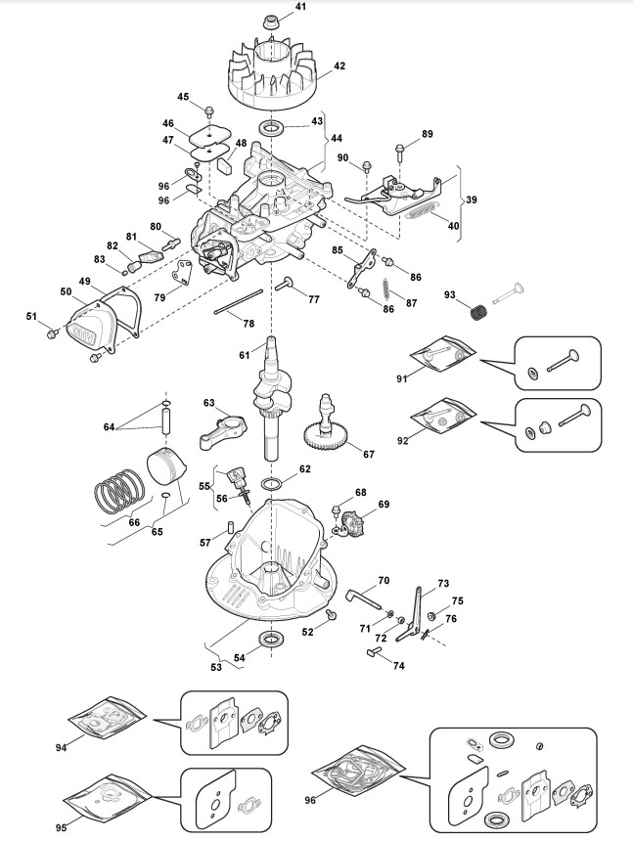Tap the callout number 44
click(337, 139)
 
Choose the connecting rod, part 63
click(220, 429)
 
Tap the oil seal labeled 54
click(273, 639)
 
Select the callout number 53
click(215, 667)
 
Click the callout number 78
click(249, 324)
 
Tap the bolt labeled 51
click(52, 334)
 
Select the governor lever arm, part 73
click(411, 613)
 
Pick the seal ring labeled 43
click(272, 128)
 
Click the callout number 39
click(471, 199)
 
